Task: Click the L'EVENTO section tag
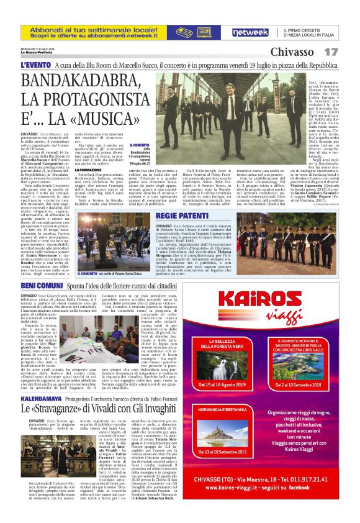coord(35,65)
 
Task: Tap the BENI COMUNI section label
coord(42,284)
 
